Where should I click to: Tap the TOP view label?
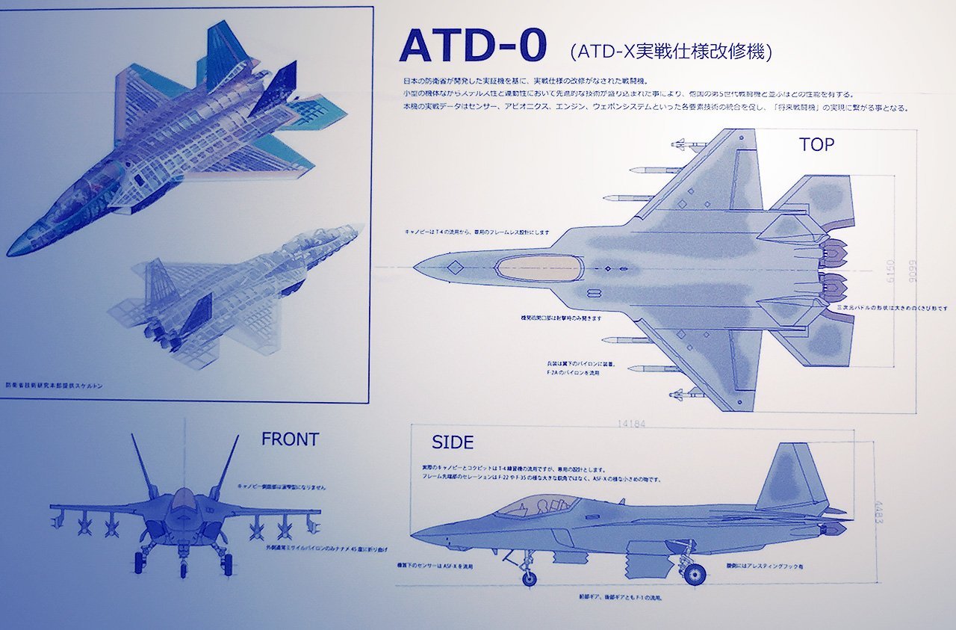pyautogui.click(x=816, y=145)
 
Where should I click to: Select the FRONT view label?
pyautogui.click(x=290, y=439)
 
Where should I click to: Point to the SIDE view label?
pyautogui.click(x=453, y=442)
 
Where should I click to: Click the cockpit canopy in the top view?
pyautogui.click(x=540, y=268)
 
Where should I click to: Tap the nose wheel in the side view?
pyautogui.click(x=529, y=578)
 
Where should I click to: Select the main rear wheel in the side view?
pyautogui.click(x=695, y=574)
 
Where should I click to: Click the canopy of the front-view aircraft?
pyautogui.click(x=184, y=498)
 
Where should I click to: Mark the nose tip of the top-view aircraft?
pyautogui.click(x=415, y=266)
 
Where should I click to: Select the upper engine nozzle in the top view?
pyautogui.click(x=835, y=252)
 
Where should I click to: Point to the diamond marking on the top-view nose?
pyautogui.click(x=453, y=267)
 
